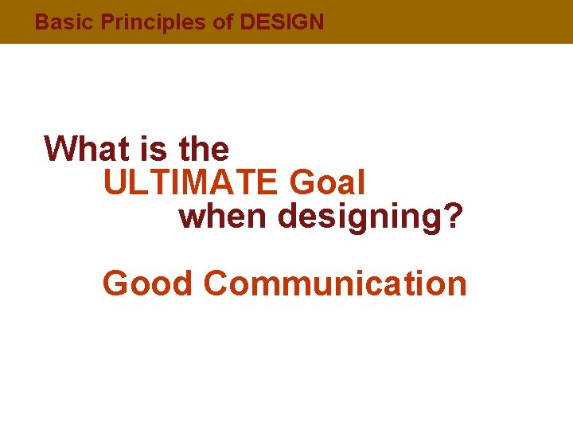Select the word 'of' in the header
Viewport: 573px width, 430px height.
click(223, 22)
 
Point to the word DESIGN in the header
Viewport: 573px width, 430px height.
click(282, 22)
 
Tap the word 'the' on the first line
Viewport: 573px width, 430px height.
click(204, 148)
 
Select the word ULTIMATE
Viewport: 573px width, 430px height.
click(191, 184)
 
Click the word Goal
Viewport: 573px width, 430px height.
click(327, 184)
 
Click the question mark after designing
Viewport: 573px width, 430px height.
click(454, 217)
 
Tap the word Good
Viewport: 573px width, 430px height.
click(148, 283)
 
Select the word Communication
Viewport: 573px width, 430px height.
click(335, 283)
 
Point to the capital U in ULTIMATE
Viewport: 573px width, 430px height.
click(114, 184)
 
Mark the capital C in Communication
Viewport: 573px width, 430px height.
click(216, 283)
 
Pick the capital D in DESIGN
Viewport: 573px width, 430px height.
click(246, 22)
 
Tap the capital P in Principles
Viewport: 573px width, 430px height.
click(107, 22)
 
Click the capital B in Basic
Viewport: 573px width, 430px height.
click(41, 22)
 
